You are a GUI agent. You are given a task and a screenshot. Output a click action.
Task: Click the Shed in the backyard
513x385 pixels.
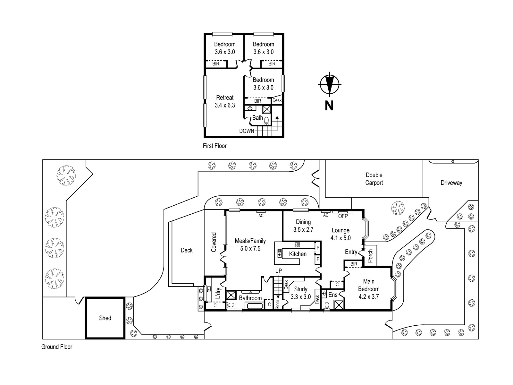tap(105, 318)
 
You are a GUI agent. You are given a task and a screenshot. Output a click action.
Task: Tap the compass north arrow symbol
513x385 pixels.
tap(329, 84)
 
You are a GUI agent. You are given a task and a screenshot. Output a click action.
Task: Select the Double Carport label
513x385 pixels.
tap(374, 179)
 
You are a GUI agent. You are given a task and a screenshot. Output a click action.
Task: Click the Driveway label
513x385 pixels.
tap(451, 183)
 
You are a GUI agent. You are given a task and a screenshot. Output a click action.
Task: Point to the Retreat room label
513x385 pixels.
tap(225, 98)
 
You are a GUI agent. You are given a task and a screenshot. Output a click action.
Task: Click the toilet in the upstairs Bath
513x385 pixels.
tap(266, 121)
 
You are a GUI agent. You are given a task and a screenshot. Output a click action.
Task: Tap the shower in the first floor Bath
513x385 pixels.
tap(266, 109)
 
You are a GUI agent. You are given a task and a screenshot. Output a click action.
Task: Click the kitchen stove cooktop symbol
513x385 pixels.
tap(297, 245)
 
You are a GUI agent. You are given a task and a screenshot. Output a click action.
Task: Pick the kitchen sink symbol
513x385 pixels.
tap(280, 253)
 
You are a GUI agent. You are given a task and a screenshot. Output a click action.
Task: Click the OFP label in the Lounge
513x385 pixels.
tap(343, 216)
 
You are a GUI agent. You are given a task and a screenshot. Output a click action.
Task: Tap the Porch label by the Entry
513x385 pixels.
tap(370, 256)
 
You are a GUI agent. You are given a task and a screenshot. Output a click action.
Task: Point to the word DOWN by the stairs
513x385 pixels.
tap(247, 131)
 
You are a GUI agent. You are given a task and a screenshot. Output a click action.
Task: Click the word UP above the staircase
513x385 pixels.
tap(278, 271)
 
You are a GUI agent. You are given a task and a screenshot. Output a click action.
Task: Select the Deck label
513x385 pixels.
tap(187, 250)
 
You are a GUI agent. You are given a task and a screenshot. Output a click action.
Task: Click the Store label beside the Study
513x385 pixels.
tap(278, 304)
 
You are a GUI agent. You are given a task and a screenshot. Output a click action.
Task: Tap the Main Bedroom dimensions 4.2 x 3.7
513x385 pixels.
tap(369, 297)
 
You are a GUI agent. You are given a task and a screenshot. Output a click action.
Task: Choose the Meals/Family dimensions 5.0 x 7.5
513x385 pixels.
tap(250, 248)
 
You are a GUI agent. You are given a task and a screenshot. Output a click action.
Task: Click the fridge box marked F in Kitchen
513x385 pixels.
tap(318, 259)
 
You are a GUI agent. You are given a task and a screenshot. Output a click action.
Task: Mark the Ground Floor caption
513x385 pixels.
tap(57, 347)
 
